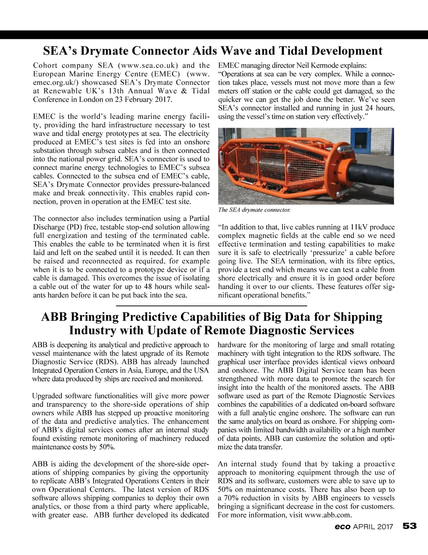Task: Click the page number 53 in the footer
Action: (x=410, y=526)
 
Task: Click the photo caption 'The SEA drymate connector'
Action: (x=254, y=210)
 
